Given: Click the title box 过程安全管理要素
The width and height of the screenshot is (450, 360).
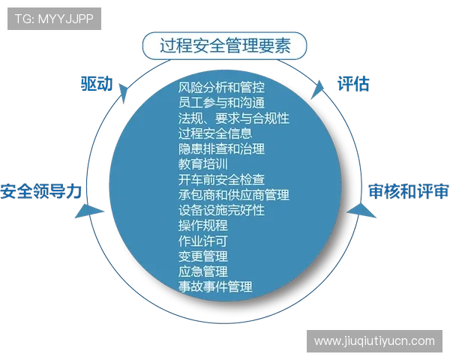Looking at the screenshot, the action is coord(223,45).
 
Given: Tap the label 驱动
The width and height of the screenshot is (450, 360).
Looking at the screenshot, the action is coord(96,83).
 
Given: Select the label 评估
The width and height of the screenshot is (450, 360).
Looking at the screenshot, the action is coord(352,83).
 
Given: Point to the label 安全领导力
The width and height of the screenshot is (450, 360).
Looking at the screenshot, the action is coord(41,190).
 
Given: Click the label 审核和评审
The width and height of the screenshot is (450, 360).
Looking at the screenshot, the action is coord(409,190).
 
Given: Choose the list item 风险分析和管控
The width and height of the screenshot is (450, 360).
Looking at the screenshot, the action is coord(222,87).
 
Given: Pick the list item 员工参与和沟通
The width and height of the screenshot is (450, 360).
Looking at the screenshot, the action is coord(222,103).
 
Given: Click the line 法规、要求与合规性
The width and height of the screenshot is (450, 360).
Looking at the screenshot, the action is coord(233,118).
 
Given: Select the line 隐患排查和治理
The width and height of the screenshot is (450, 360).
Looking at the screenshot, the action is coord(222,148).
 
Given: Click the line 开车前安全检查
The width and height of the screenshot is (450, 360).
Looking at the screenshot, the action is coord(222,179).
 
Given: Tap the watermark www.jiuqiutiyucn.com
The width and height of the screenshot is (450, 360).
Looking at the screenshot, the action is coord(374,341).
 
